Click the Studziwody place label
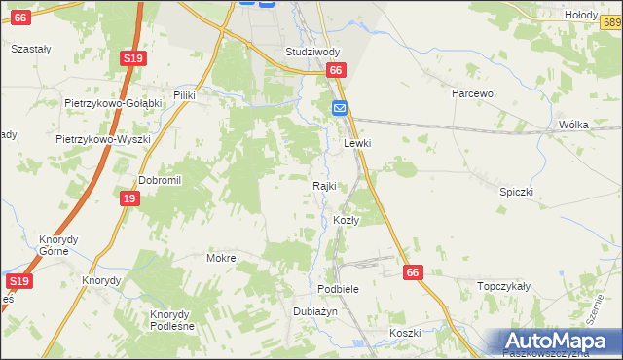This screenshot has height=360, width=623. [311, 52]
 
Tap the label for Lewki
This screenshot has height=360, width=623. [358, 143]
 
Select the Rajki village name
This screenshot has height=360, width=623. [324, 186]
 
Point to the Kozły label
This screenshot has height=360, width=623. [347, 220]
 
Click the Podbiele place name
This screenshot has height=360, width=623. [339, 290]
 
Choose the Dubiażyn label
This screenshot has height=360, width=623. [314, 311]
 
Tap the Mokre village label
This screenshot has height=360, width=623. [222, 259]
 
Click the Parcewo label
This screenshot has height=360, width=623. [473, 93]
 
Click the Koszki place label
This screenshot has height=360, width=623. [404, 333]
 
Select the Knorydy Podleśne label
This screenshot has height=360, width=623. [171, 320]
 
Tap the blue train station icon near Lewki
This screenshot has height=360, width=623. [340, 108]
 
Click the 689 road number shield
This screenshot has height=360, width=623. [608, 31]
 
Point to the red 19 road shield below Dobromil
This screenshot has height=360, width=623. [129, 198]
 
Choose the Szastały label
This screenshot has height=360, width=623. [29, 48]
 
